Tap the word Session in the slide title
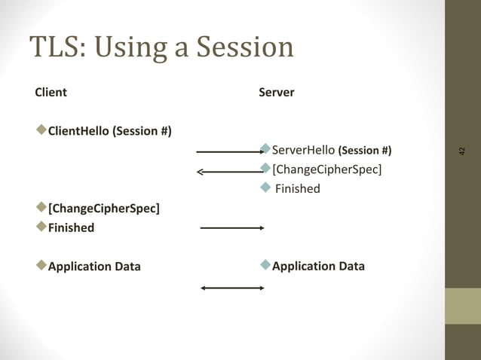tap(244, 47)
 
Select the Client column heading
tap(51, 93)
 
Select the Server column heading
tap(276, 93)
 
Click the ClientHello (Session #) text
tap(109, 132)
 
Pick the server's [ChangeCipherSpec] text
tap(326, 169)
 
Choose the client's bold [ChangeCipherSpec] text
tap(103, 208)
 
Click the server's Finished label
tap(297, 188)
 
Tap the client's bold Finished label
tap(71, 227)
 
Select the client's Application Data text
tap(94, 266)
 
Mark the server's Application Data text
tap(318, 266)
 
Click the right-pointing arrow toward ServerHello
tap(228, 151)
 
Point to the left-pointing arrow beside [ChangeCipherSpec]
tap(228, 172)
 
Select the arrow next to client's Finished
tap(231, 227)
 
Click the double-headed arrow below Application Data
tap(231, 288)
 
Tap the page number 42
tap(462, 151)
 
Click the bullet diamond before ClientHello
tap(41, 131)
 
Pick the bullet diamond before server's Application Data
tap(265, 265)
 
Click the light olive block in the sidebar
tap(462, 306)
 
